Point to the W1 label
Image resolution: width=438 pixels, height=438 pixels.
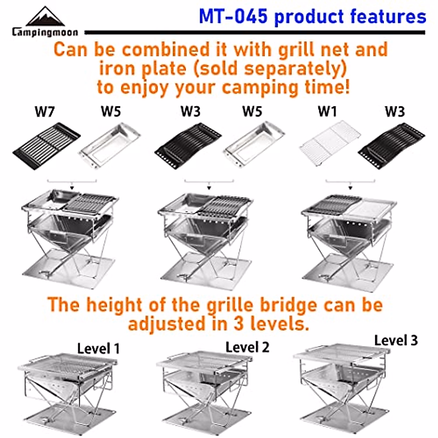tap(327, 112)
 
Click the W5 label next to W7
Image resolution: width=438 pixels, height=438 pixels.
tap(111, 112)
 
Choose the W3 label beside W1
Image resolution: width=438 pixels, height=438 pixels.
tap(395, 112)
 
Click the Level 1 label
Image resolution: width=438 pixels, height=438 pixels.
tap(98, 349)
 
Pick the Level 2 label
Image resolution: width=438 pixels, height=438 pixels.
tap(247, 347)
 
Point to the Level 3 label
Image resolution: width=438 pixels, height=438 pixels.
tap(396, 341)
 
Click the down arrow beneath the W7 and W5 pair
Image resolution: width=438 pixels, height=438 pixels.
tap(72, 188)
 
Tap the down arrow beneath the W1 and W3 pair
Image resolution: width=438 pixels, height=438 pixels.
tap(350, 188)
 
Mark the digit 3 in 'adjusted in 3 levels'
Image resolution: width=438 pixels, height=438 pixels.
tap(238, 324)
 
